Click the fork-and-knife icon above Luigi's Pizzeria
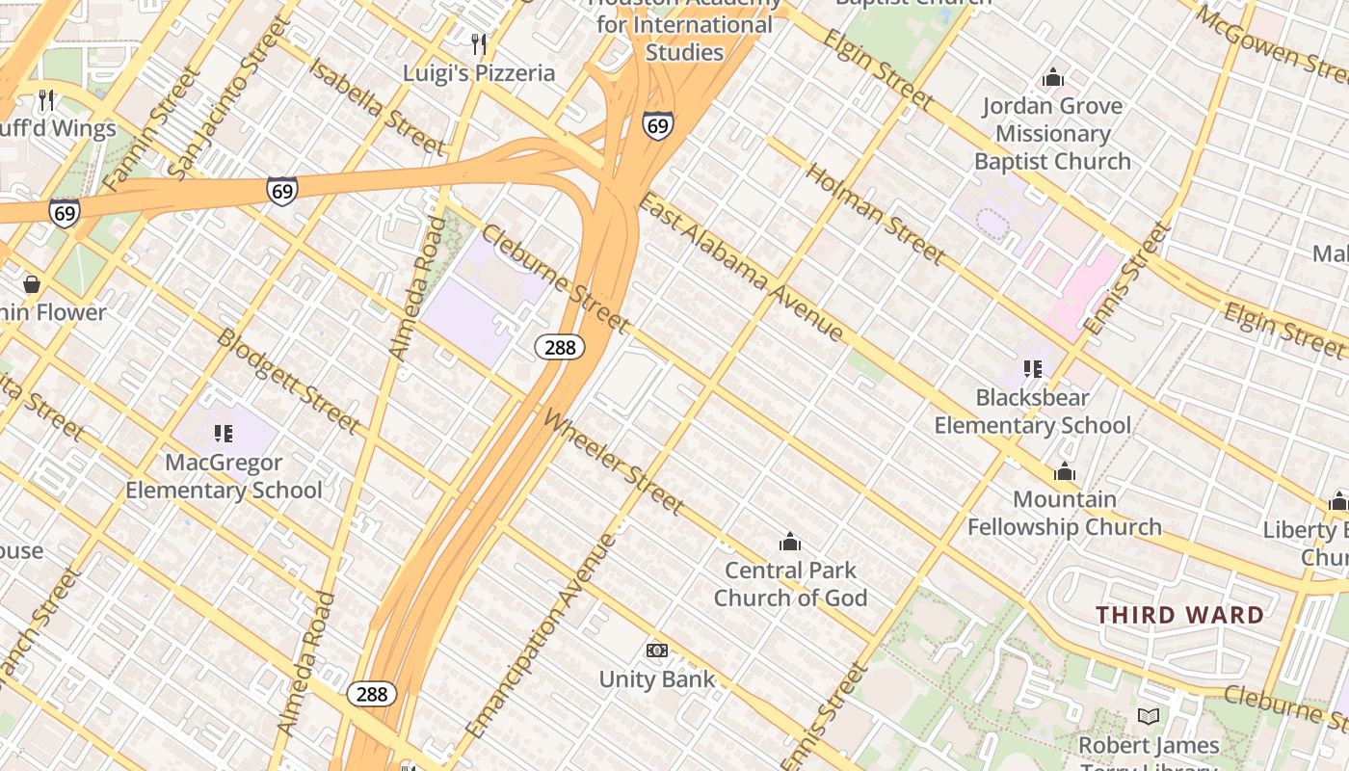point(478,43)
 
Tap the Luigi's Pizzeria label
point(479,73)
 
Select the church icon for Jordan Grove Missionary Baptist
point(1053,77)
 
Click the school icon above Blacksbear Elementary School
point(1033,368)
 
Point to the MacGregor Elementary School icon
point(224,434)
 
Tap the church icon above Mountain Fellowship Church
point(1065,471)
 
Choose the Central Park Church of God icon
point(790,542)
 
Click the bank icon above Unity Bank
point(657,651)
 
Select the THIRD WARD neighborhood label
point(1179,615)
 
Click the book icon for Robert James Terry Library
point(1148,716)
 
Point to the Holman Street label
point(875,214)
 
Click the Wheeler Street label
point(614,462)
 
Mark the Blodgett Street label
point(288,381)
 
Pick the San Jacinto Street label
point(227,96)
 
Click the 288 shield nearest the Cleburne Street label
point(560,347)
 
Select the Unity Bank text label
point(657,679)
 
